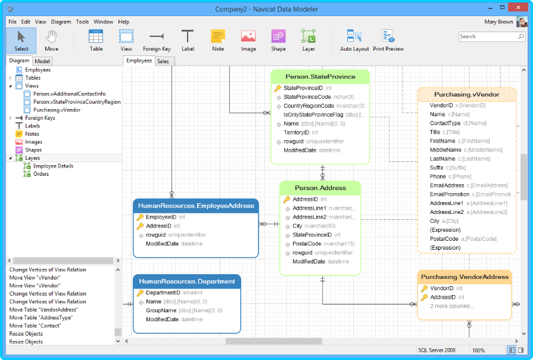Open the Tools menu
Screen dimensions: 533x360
82,22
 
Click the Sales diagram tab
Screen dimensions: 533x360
163,61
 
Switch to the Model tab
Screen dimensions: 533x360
42,61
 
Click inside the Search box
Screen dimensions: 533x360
488,36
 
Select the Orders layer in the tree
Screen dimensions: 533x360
41,174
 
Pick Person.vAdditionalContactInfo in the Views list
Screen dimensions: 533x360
69,94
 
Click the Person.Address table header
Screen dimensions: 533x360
320,188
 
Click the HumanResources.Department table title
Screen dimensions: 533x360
187,281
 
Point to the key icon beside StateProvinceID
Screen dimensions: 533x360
278,88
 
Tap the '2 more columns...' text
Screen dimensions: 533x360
452,306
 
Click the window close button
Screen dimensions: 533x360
518,8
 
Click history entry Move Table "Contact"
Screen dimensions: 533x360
35,325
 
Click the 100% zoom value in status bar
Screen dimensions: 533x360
478,350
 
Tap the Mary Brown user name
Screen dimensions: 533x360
498,22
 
